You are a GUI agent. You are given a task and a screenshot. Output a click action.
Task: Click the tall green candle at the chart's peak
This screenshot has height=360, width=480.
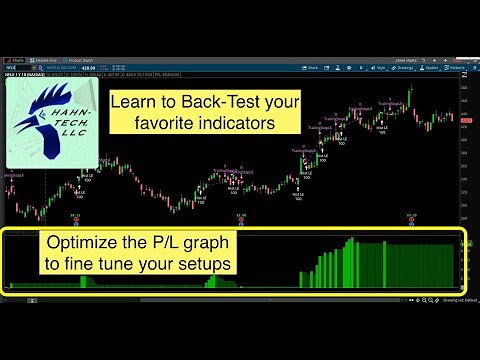click(x=410, y=98)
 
